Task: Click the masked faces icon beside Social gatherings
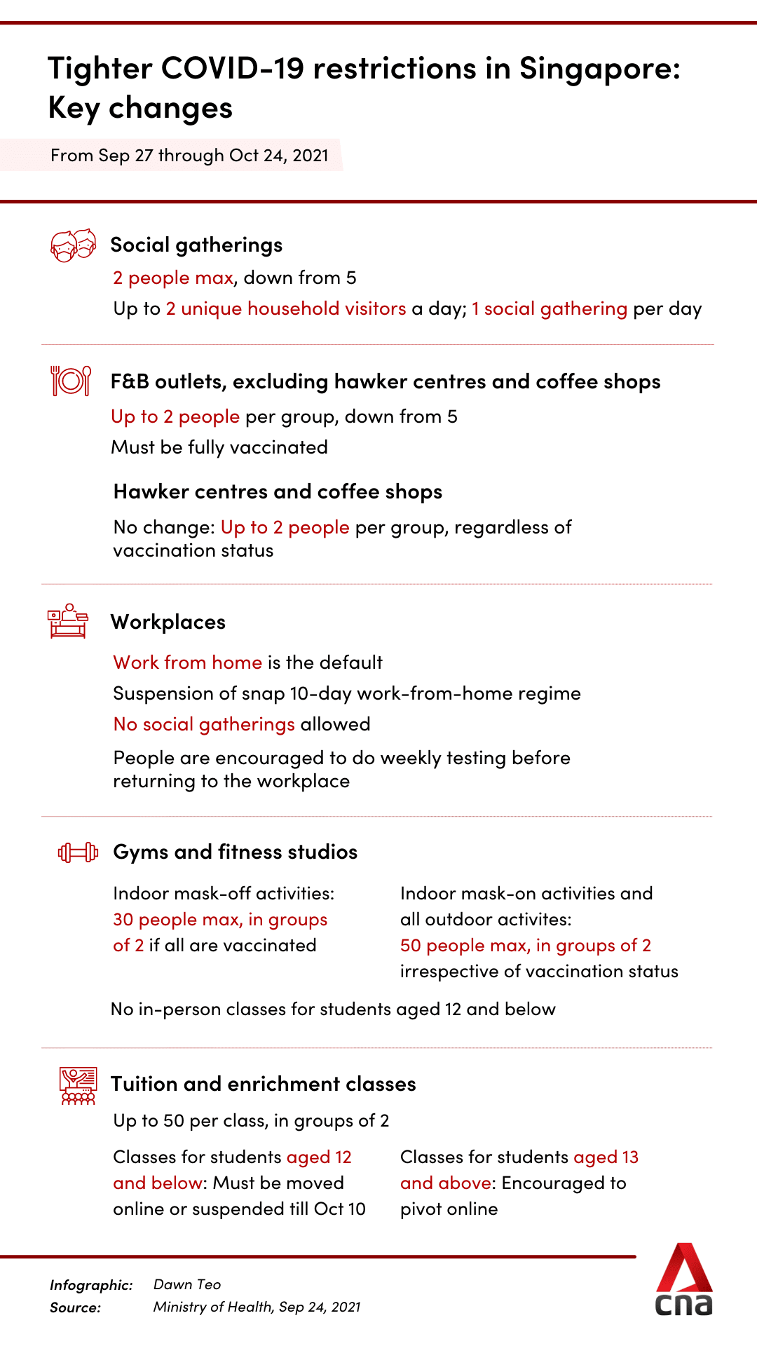pos(73,245)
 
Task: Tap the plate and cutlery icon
pos(71,381)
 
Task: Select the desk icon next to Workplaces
pos(68,621)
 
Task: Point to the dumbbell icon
pos(78,852)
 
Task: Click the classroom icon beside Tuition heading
pos(78,1086)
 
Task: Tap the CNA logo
pos(684,1280)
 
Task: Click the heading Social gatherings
pos(196,245)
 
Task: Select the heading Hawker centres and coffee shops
pos(278,491)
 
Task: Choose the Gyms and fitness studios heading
pos(236,852)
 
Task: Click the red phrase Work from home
pos(188,662)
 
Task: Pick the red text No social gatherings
pos(204,724)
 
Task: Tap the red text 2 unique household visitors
pos(286,308)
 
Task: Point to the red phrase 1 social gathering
pos(550,308)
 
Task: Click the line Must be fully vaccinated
pos(219,447)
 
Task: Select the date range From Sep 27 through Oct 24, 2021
pos(189,155)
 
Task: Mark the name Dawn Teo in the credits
pos(187,1284)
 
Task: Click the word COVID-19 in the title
pos(233,68)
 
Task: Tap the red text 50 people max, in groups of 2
pos(526,945)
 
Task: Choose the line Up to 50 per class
pos(251,1120)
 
